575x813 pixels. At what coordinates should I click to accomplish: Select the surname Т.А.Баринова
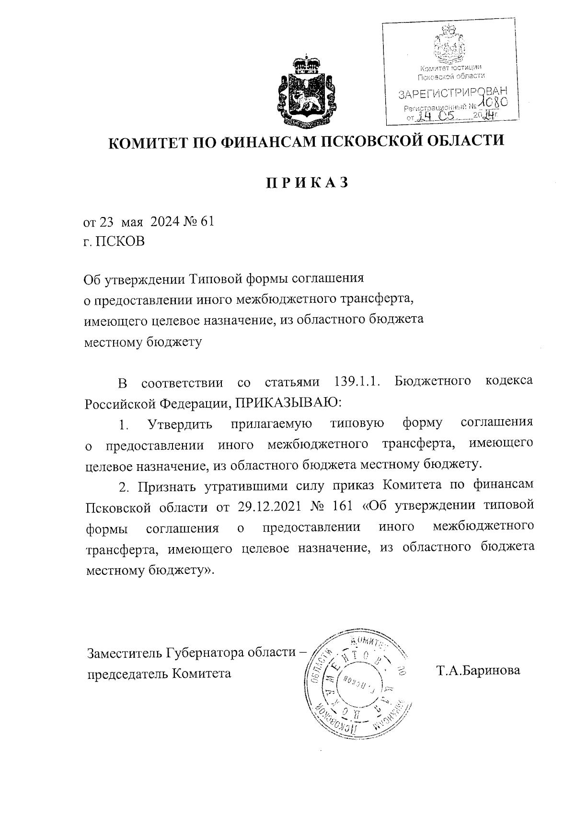click(478, 670)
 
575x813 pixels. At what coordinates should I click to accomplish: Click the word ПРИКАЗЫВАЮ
click(287, 402)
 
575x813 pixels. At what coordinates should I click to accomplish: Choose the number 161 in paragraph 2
click(343, 506)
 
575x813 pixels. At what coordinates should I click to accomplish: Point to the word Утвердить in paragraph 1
click(180, 424)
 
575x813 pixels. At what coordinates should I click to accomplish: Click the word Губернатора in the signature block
click(207, 653)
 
